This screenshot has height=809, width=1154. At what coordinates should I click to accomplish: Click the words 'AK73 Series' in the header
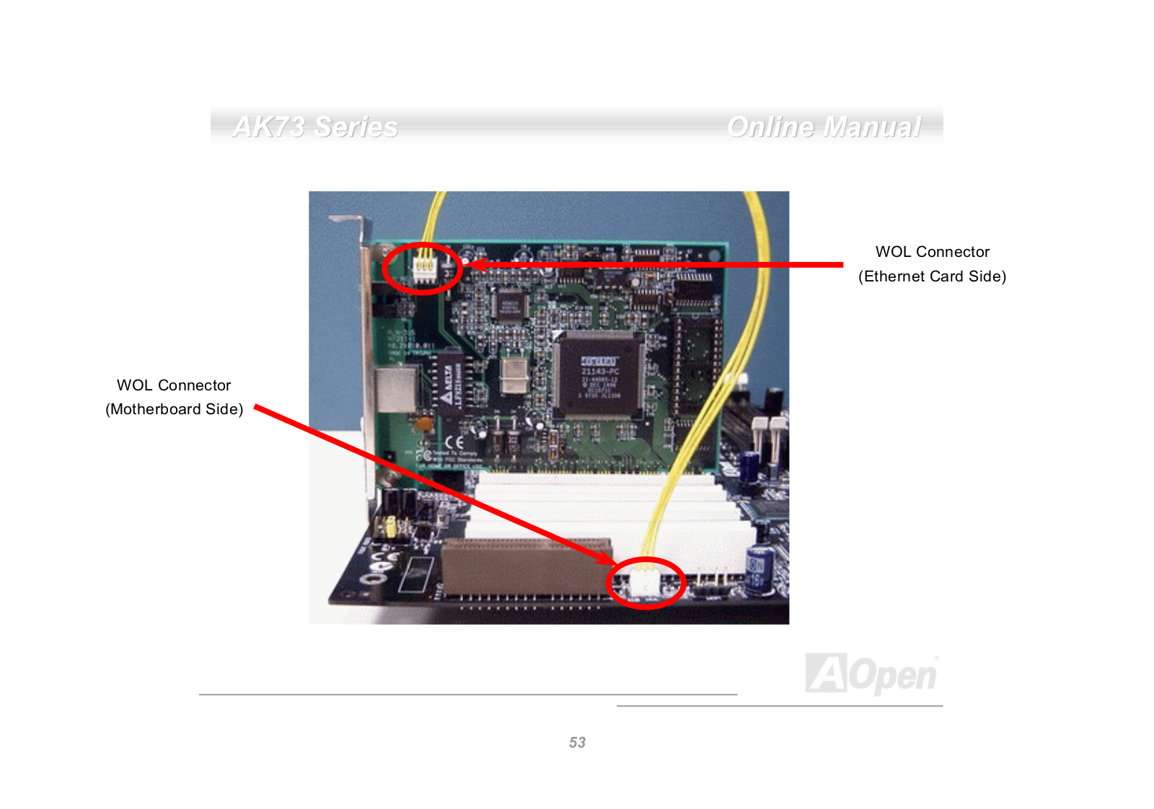[315, 127]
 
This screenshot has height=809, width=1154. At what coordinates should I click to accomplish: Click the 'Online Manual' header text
[824, 127]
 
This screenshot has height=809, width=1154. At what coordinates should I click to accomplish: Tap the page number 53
[577, 743]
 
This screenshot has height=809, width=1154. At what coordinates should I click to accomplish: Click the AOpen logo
[871, 674]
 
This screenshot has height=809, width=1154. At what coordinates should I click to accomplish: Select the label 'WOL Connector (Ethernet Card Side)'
[932, 264]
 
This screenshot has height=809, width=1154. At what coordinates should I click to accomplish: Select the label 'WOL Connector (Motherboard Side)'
[174, 397]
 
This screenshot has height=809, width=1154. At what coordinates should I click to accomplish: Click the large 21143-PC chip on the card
[599, 375]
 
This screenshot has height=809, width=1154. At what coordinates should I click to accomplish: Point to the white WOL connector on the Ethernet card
[423, 268]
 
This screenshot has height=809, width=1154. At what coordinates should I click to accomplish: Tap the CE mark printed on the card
[454, 442]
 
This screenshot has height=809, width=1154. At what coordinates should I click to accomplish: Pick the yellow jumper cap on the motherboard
[390, 528]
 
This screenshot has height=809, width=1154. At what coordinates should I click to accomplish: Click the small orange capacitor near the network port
[425, 424]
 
